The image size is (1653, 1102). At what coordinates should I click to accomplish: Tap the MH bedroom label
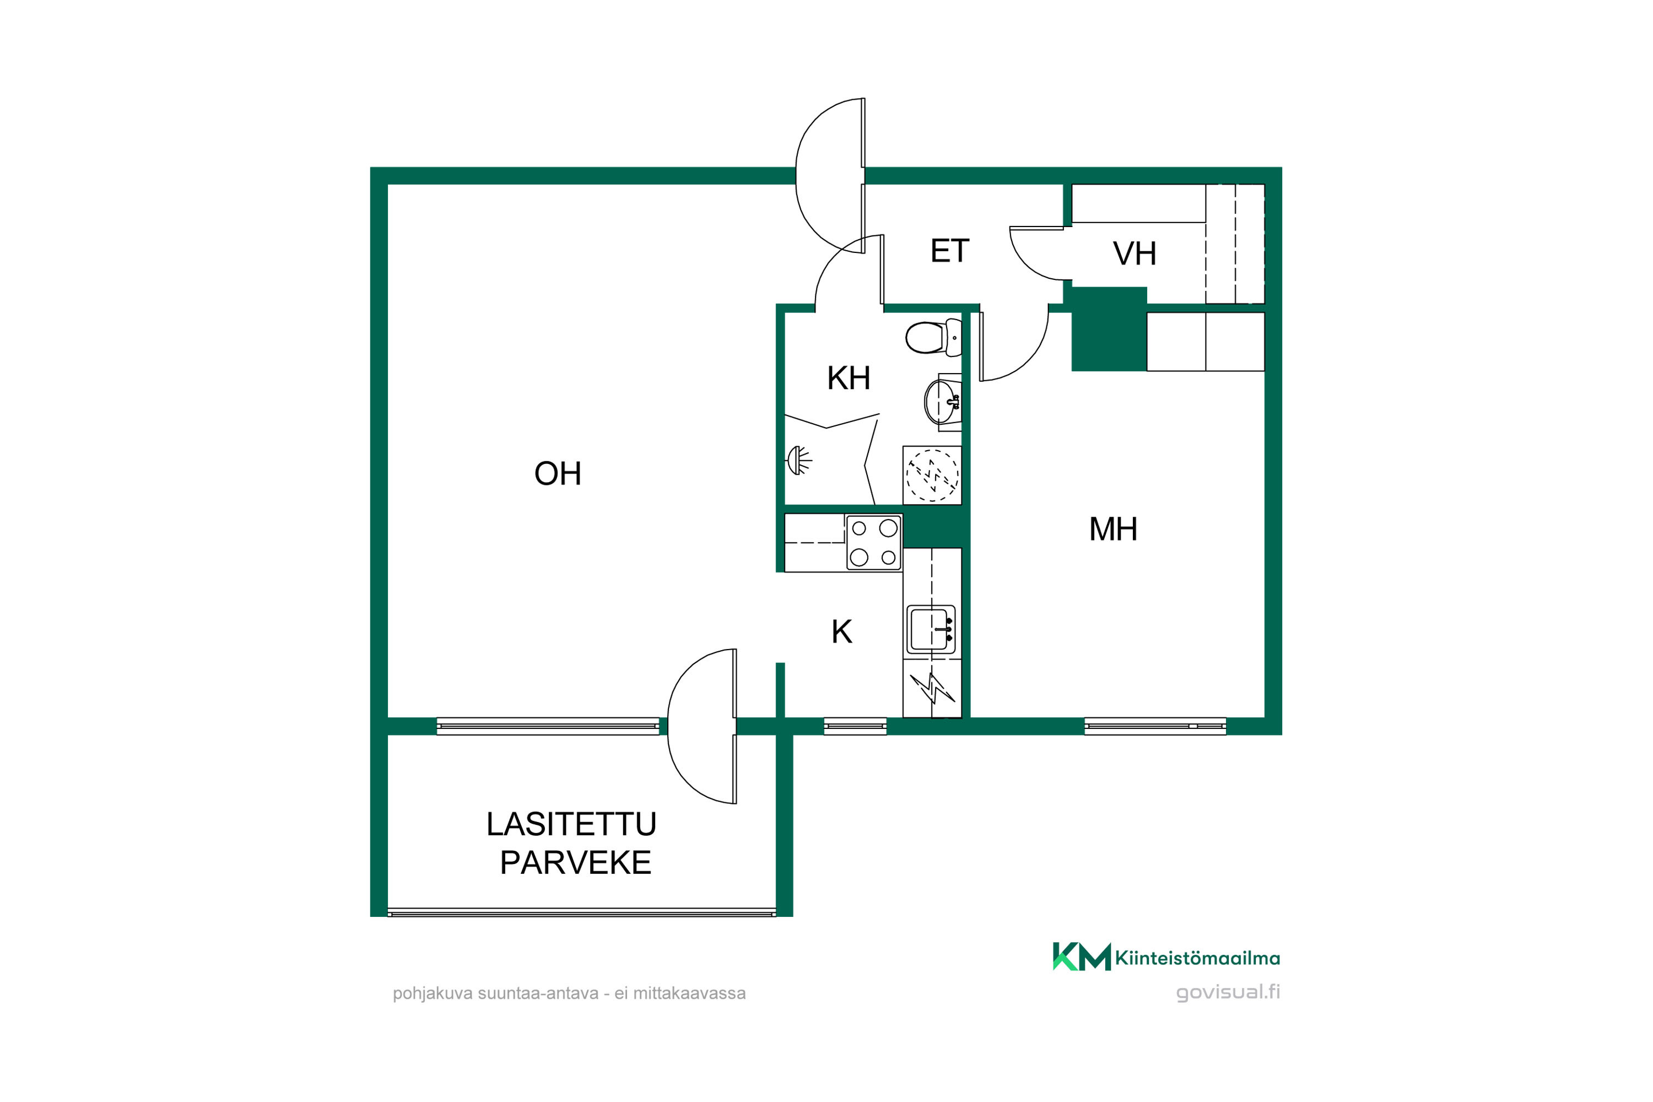[x=1113, y=529]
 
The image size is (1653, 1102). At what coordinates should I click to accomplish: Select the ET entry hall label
[x=949, y=251]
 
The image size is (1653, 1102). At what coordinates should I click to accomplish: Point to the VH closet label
[x=1135, y=253]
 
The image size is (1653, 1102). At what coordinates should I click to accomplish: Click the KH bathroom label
[x=849, y=378]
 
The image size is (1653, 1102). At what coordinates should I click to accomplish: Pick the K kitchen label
[x=841, y=632]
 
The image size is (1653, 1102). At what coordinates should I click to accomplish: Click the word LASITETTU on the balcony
[x=571, y=824]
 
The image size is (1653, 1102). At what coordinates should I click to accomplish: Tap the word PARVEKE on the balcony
[x=576, y=863]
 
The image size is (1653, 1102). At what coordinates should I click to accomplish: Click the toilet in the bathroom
[x=933, y=337]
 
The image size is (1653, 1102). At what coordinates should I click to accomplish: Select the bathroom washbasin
[x=942, y=402]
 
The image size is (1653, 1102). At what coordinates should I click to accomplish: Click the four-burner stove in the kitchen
[x=873, y=543]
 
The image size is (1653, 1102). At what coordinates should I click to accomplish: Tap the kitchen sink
[x=931, y=630]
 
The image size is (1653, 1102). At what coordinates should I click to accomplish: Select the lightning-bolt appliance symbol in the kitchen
[x=932, y=688]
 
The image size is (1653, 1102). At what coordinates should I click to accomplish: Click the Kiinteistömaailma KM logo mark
[x=1082, y=957]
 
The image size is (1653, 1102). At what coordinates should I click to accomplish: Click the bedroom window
[x=1155, y=726]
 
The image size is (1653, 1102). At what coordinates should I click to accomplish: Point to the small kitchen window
[x=855, y=726]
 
